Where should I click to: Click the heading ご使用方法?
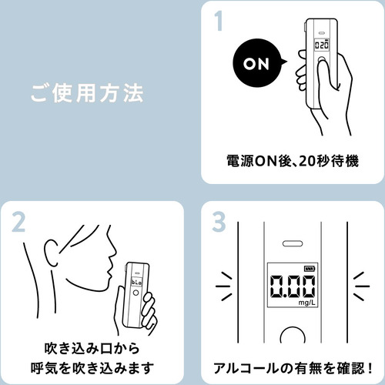87,93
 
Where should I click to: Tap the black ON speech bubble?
258,64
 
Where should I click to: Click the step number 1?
219,22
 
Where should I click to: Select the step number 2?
18,223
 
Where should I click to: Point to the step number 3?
219,222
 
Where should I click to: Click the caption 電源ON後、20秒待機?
293,161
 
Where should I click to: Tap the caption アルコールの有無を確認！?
293,368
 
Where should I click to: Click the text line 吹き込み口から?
92,348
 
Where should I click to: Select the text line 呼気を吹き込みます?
92,368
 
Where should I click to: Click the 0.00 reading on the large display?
293,286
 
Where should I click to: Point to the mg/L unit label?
306,303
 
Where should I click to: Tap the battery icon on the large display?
310,269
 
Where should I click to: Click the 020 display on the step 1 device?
322,45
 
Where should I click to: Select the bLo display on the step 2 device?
136,283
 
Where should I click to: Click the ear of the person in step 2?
52,253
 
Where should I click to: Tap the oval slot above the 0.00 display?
293,243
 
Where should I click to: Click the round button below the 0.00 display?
293,335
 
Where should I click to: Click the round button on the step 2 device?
136,293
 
